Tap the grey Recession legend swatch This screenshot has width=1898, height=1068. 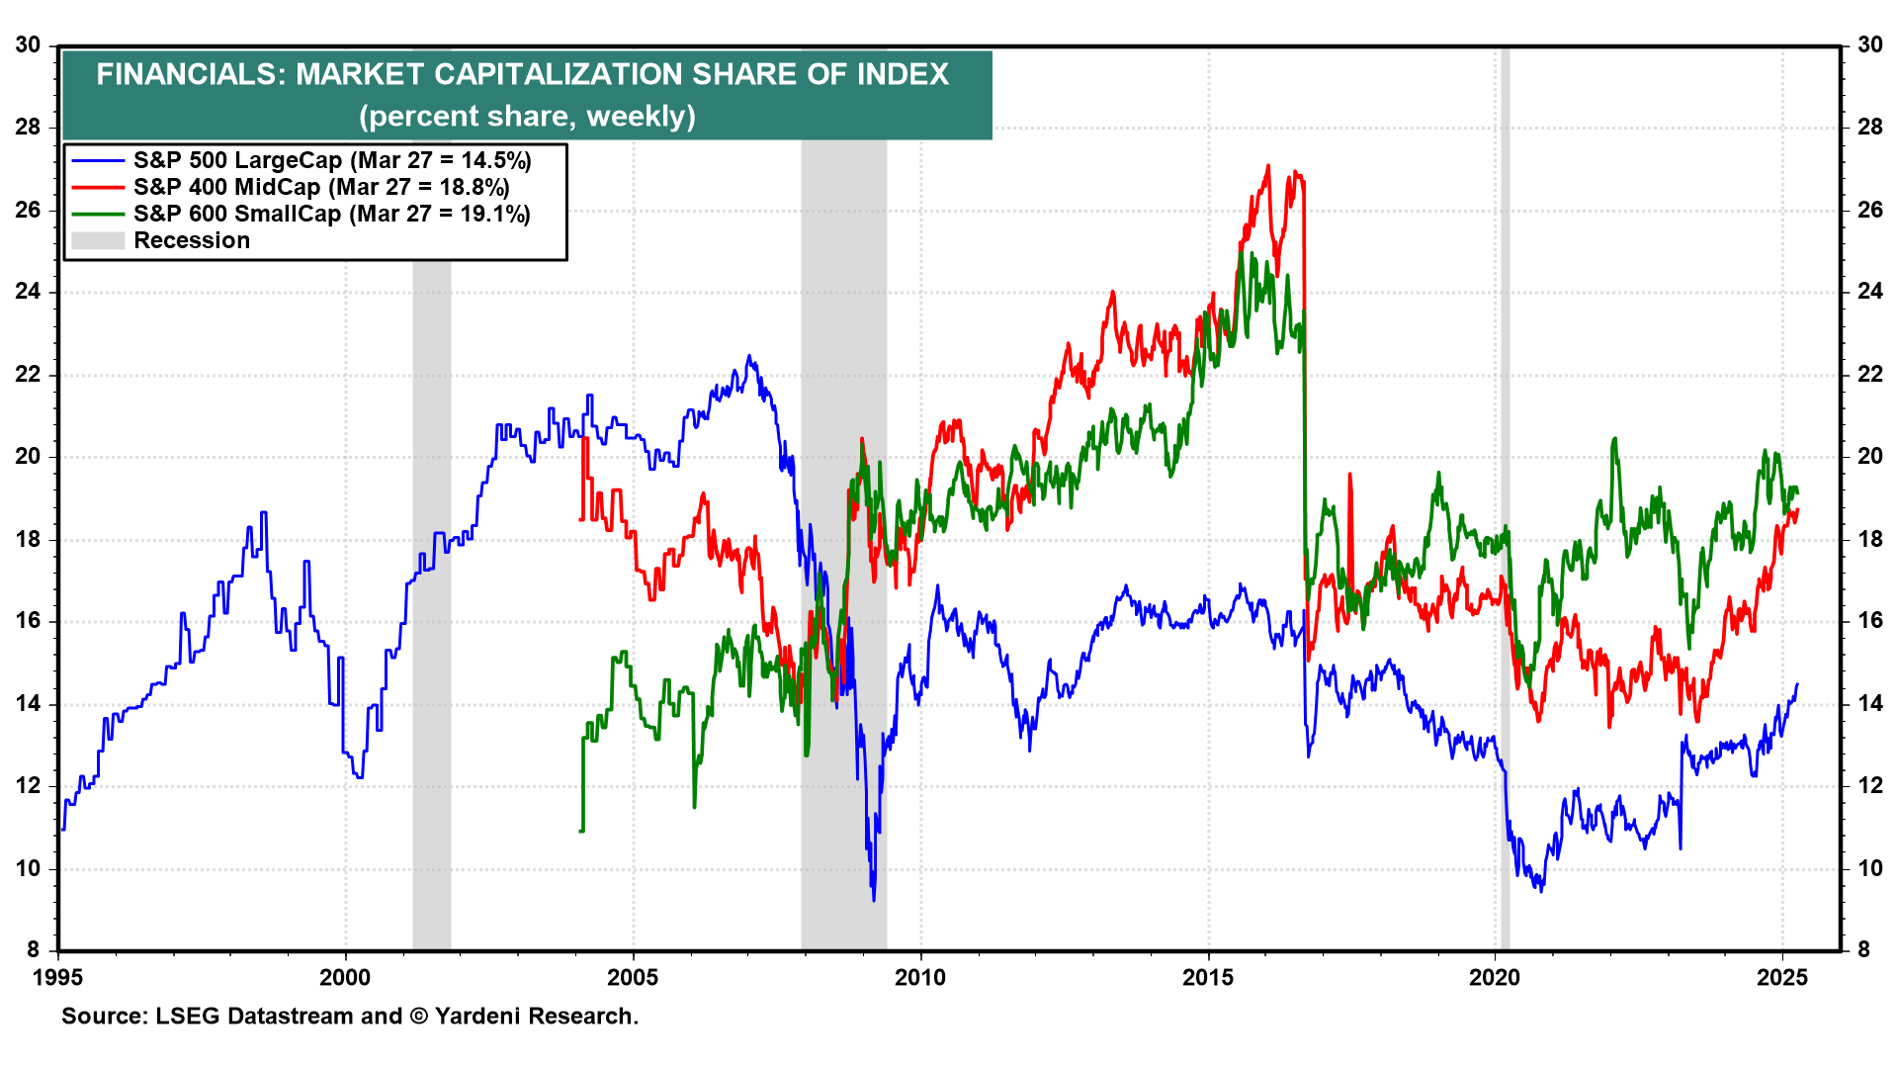coord(98,240)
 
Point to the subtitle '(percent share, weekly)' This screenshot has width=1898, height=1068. coord(527,117)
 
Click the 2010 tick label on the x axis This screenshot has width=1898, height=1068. coord(920,978)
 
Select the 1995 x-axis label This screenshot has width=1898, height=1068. coord(58,978)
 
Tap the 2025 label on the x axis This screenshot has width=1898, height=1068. coord(1782,978)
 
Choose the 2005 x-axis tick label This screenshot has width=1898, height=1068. coord(633,978)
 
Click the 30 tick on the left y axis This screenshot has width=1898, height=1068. coord(28,44)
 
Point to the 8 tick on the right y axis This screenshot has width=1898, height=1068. coord(1864,950)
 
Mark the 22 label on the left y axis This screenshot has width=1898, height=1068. coord(28,374)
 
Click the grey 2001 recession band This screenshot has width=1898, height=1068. coord(432,593)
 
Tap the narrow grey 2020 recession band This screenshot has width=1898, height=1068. coord(1505,494)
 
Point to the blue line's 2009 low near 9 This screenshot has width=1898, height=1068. coord(874,899)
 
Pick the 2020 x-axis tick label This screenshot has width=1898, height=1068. coord(1495,978)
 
